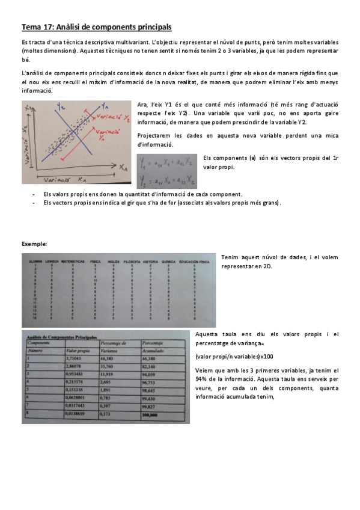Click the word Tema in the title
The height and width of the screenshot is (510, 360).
tap(31, 27)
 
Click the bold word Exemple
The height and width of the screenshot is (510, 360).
tap(34, 243)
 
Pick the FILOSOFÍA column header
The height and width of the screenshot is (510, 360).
tap(130, 262)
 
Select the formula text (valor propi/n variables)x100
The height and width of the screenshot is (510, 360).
tap(231, 356)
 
